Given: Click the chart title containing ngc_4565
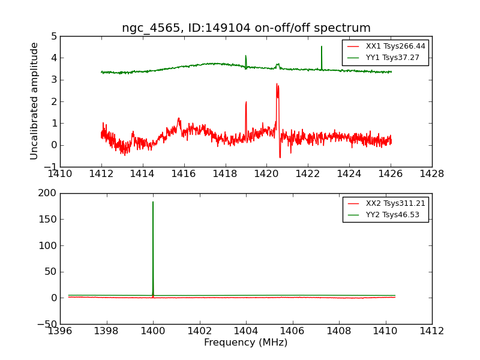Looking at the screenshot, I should click(246, 28).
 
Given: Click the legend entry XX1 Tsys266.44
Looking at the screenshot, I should click(395, 46).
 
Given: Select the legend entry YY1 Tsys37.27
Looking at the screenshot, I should click(392, 58).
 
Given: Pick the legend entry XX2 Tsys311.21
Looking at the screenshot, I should click(395, 203).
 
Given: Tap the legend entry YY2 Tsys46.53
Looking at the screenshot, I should click(392, 215).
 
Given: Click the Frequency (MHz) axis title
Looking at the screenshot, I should click(245, 343).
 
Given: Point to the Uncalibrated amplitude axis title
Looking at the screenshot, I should click(35, 101).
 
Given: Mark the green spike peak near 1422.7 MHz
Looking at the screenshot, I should click(322, 47).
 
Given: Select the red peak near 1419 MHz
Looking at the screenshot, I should click(246, 103).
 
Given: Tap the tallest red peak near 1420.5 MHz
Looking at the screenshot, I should click(277, 85).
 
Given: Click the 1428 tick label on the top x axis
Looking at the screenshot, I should click(431, 173).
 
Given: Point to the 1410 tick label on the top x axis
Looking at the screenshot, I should click(60, 173).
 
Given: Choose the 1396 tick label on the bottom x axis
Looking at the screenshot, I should click(60, 331).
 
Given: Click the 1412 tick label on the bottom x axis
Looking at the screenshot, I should click(431, 331).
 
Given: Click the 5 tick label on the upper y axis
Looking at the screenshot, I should click(54, 36).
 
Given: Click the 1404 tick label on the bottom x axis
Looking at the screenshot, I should click(246, 331).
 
